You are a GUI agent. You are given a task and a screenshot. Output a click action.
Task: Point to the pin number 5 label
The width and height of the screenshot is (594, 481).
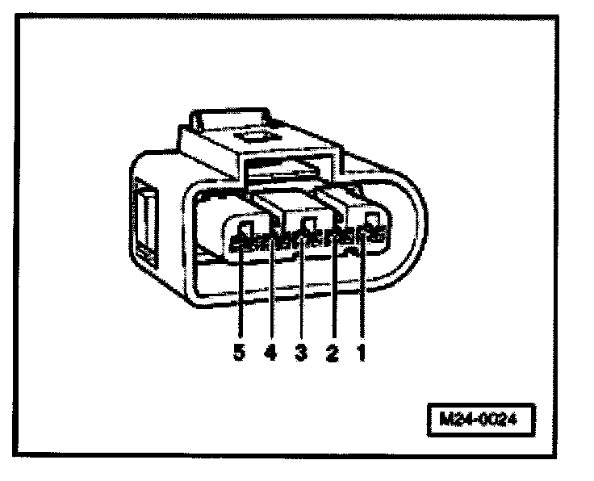click(240, 353)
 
